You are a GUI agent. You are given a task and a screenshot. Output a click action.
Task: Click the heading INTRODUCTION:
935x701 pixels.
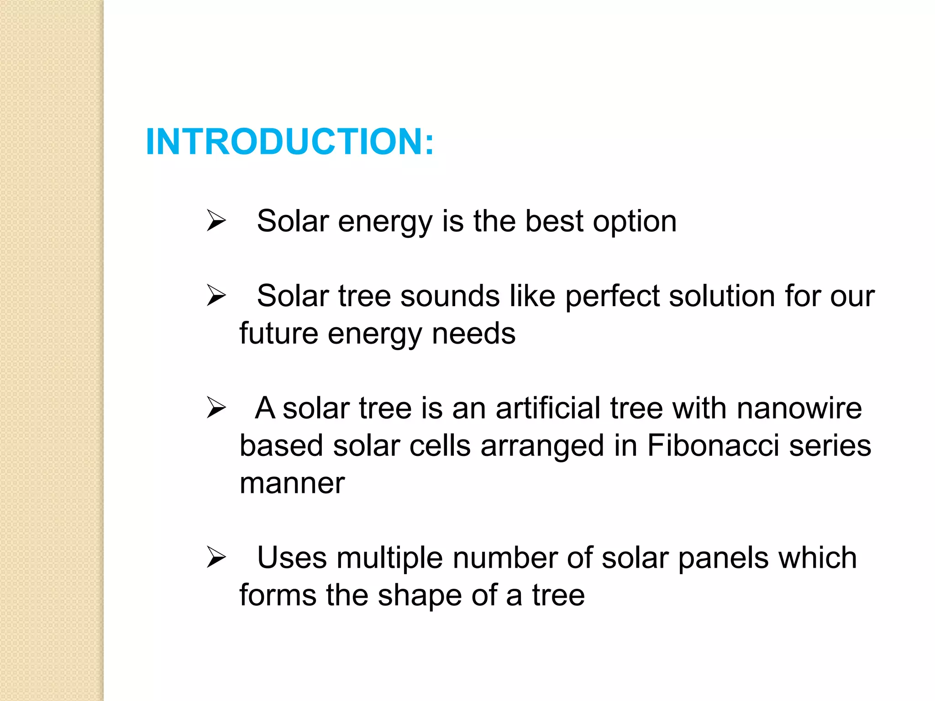pos(290,142)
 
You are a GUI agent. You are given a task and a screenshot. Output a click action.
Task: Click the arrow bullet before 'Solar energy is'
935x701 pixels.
pos(216,220)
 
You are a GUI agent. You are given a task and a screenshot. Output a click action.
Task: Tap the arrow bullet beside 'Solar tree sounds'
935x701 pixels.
pos(216,295)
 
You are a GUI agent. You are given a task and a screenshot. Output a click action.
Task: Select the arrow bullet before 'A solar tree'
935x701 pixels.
pos(216,408)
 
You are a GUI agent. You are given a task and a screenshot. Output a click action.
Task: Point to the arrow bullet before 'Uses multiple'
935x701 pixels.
pos(216,557)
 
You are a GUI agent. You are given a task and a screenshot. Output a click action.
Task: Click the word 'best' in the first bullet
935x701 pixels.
pos(554,221)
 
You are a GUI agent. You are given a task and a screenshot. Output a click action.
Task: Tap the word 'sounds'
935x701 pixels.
pos(450,296)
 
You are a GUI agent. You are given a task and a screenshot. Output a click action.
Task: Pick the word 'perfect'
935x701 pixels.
pos(612,296)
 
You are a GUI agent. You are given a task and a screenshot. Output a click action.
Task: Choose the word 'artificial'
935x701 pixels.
pos(548,408)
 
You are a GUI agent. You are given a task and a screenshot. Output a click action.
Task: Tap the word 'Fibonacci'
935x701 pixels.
pos(713,445)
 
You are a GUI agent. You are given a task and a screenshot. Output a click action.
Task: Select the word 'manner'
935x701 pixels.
pos(292,483)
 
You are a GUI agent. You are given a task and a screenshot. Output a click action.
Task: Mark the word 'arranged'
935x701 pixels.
pos(542,446)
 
